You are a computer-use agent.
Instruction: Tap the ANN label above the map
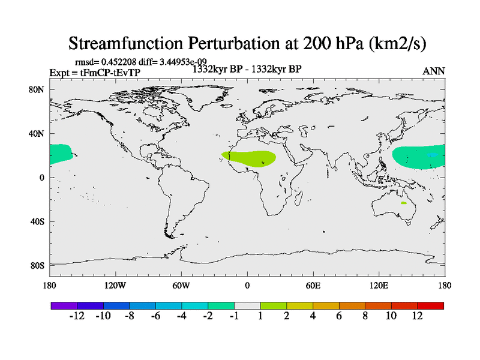(x=434, y=71)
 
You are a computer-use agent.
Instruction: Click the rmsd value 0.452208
(x=116, y=62)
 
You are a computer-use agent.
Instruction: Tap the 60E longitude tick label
(x=313, y=285)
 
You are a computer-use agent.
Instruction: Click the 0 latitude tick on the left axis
(x=42, y=178)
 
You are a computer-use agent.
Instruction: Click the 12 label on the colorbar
(x=417, y=316)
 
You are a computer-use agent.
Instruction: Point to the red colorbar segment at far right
(x=431, y=305)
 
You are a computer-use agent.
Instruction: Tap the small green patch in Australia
(x=404, y=203)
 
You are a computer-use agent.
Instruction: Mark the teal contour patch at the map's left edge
(x=59, y=154)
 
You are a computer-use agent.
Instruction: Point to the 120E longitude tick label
(x=379, y=285)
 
